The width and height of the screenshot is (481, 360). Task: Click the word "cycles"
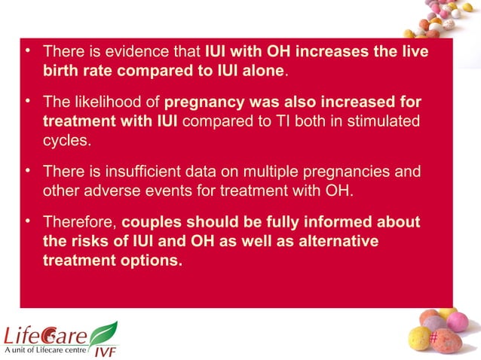click(x=66, y=139)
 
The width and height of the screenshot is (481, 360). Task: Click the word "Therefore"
click(x=79, y=223)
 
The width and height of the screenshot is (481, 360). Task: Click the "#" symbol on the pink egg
click(x=433, y=338)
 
